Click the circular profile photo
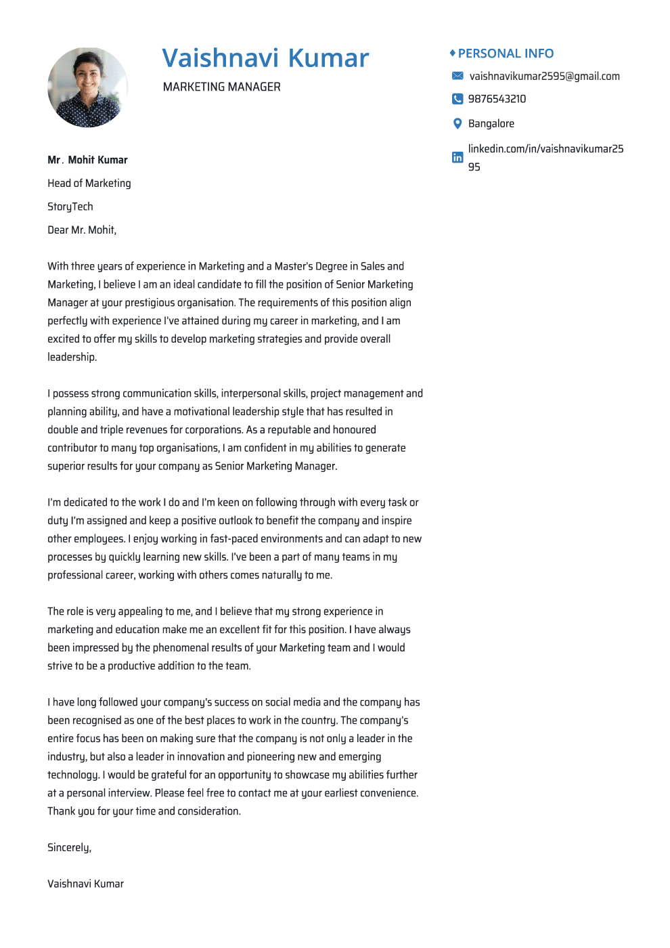click(87, 87)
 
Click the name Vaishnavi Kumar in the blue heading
click(265, 58)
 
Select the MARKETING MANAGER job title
click(221, 87)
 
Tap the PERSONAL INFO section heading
click(506, 53)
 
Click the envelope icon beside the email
click(457, 76)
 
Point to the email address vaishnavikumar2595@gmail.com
click(544, 77)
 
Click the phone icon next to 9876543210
click(457, 99)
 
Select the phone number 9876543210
click(497, 99)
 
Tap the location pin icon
click(457, 123)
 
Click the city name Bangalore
click(491, 124)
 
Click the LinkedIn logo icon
click(457, 157)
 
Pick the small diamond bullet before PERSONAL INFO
click(452, 53)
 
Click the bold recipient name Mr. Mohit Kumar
click(87, 160)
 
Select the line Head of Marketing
click(89, 184)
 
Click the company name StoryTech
click(70, 207)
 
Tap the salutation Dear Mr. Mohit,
click(82, 230)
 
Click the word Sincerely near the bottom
click(69, 848)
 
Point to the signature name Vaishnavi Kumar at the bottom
click(85, 884)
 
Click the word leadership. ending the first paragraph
click(72, 357)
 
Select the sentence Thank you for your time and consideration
click(144, 811)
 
